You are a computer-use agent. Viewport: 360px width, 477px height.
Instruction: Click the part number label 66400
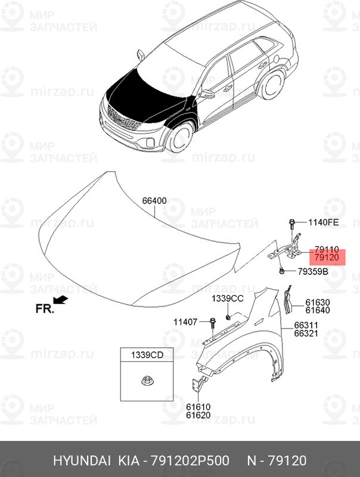tap(154, 202)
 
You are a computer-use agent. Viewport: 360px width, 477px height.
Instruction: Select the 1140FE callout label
tap(323, 223)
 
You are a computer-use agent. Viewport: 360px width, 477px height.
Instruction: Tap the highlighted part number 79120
tap(327, 258)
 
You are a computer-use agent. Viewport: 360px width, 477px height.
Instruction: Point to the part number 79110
tap(327, 249)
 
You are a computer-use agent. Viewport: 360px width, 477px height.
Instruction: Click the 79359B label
tap(313, 272)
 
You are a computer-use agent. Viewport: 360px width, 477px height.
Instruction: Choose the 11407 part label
tap(185, 322)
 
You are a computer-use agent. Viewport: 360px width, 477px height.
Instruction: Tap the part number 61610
tap(198, 407)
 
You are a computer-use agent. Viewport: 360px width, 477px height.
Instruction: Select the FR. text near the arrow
tap(44, 309)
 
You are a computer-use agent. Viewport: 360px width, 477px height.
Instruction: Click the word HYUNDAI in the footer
tap(82, 461)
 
